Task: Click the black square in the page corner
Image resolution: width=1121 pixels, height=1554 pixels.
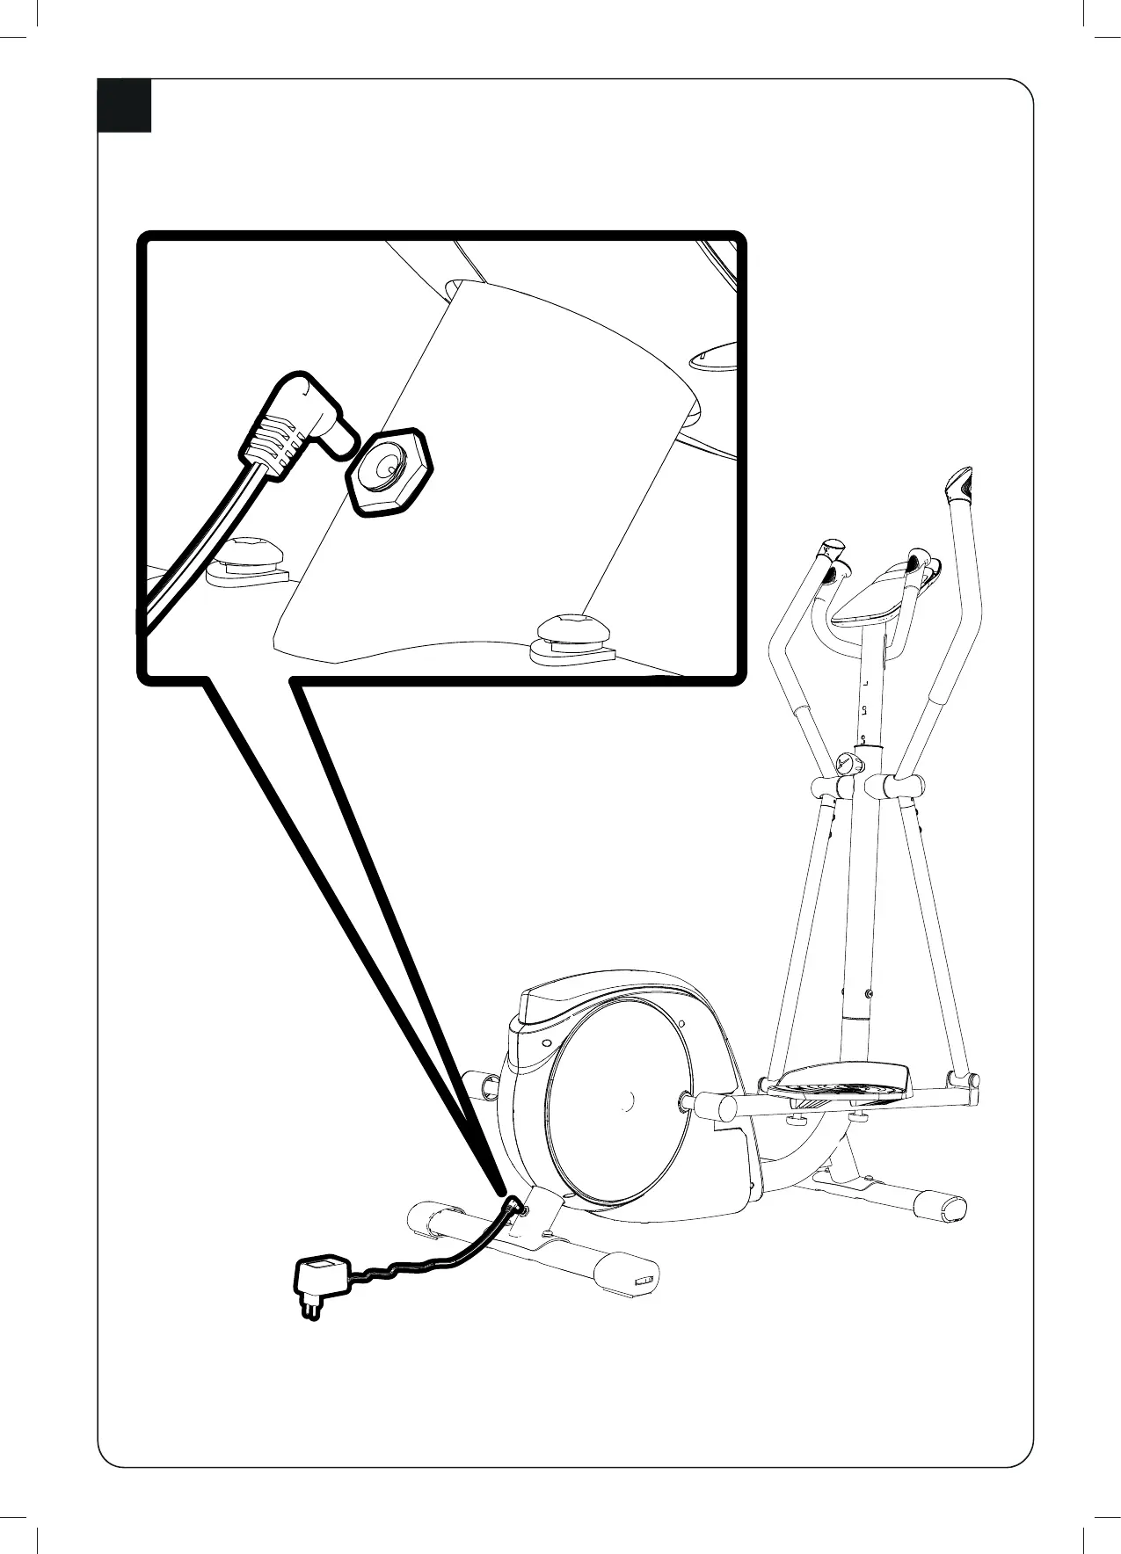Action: click(x=124, y=105)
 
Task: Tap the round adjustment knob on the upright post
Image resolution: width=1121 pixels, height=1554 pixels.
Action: click(x=848, y=763)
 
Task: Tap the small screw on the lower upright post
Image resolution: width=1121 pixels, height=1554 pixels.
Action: click(x=869, y=993)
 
